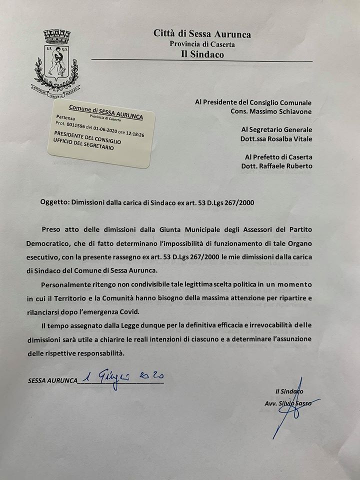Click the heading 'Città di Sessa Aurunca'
tap(202, 34)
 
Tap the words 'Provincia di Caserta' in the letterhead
tap(202, 44)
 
